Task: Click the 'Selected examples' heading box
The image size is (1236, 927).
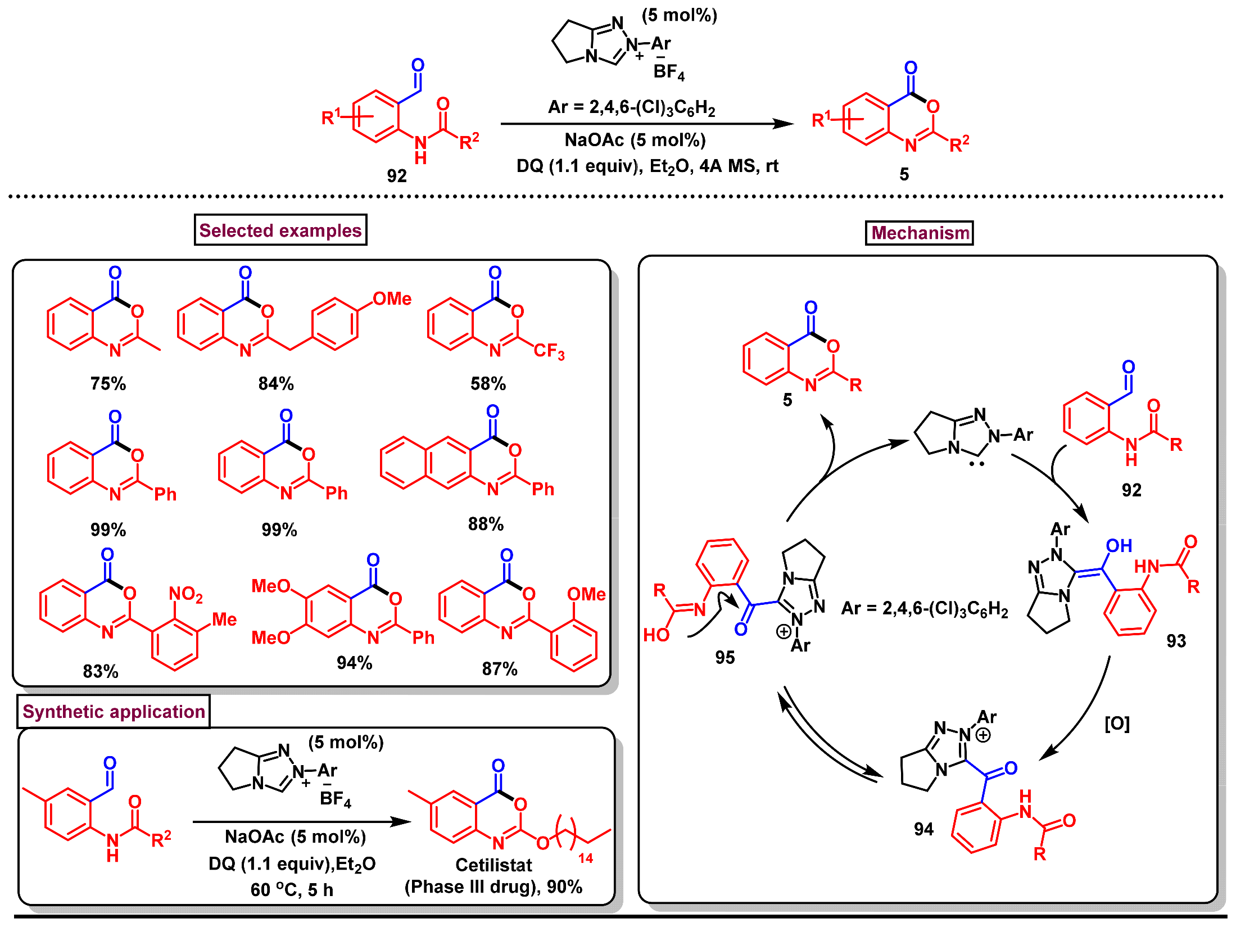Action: pos(280,230)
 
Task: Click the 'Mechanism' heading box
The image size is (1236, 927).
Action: pos(919,232)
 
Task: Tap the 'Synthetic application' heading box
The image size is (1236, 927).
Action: pos(114,711)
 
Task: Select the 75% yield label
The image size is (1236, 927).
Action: pos(108,383)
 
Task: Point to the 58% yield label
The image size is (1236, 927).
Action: pos(488,383)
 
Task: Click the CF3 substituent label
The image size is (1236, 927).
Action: pos(549,351)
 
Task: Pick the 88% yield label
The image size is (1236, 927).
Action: pos(486,524)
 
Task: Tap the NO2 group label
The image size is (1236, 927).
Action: pos(185,594)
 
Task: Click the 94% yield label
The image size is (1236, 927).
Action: pos(354,663)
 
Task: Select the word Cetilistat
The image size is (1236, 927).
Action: pos(493,865)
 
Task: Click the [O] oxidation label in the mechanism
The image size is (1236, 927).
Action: pos(1116,723)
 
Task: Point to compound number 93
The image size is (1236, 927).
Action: pos(1175,641)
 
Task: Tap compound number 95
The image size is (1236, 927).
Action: pos(725,657)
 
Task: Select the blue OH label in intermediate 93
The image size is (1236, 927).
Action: pos(1119,545)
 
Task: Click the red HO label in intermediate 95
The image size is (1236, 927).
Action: pos(656,635)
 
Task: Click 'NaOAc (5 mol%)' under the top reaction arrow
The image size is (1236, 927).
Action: pos(635,140)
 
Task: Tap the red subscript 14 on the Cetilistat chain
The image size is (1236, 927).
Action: pos(585,858)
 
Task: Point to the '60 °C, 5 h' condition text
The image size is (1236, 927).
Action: pos(292,890)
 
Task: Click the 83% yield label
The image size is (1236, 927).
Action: pos(101,671)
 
